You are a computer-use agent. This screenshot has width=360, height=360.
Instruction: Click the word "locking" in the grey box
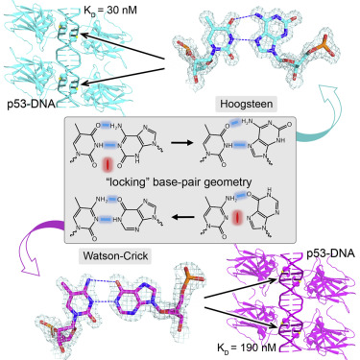tap(132, 180)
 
